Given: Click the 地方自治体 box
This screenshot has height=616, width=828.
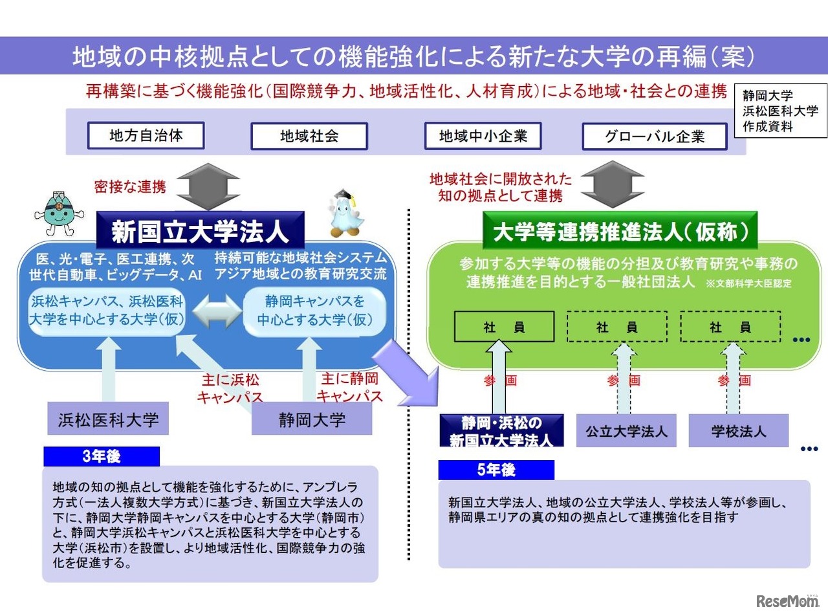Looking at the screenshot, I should pyautogui.click(x=146, y=135).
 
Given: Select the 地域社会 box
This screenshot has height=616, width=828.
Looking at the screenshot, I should pyautogui.click(x=309, y=136).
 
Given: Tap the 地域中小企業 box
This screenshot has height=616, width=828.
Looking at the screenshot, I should pyautogui.click(x=483, y=136).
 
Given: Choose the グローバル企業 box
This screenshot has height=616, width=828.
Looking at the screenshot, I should pyautogui.click(x=654, y=137).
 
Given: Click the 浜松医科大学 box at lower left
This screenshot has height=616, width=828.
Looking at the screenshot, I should pyautogui.click(x=108, y=419).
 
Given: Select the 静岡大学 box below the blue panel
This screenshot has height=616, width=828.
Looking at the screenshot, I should pyautogui.click(x=312, y=419).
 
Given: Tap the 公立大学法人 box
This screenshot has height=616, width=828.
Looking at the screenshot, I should pyautogui.click(x=626, y=431).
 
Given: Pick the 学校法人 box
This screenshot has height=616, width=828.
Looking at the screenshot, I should pyautogui.click(x=738, y=431).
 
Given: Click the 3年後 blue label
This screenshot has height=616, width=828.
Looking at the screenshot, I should pyautogui.click(x=101, y=457).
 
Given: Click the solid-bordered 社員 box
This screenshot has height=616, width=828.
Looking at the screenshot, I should pyautogui.click(x=504, y=327).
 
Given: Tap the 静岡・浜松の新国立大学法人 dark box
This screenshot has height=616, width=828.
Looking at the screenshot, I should pyautogui.click(x=501, y=431).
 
